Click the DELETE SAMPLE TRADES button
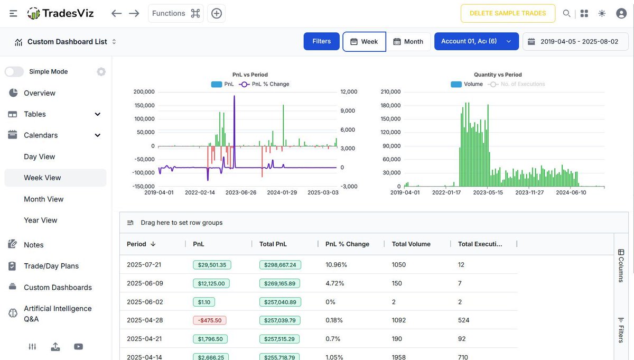(x=508, y=13)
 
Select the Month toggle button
(x=408, y=41)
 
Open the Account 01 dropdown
(x=476, y=41)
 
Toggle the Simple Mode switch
(x=14, y=72)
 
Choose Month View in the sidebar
(x=44, y=199)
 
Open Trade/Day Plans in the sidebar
(x=51, y=266)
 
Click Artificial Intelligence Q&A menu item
(x=58, y=313)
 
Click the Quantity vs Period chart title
(x=498, y=75)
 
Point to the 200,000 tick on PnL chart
(x=144, y=91)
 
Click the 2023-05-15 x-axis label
(x=488, y=192)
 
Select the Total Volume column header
(x=411, y=244)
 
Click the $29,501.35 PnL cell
(x=212, y=265)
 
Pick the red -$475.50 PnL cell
(x=210, y=320)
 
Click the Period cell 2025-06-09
(x=145, y=283)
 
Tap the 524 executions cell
(x=463, y=320)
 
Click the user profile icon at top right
(x=621, y=13)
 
